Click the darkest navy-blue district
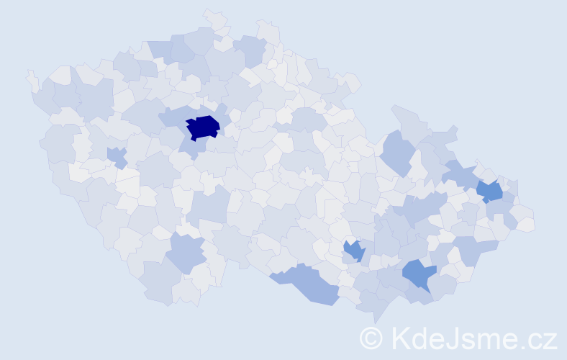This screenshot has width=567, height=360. pyautogui.click(x=203, y=127)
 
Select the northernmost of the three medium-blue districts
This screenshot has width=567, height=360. pyautogui.click(x=489, y=191)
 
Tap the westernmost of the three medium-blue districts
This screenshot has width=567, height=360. pyautogui.click(x=353, y=251)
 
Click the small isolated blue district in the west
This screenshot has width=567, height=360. pyautogui.click(x=116, y=156)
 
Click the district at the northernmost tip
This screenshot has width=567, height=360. pyautogui.click(x=214, y=17)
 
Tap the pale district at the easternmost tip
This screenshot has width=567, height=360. pyautogui.click(x=526, y=224)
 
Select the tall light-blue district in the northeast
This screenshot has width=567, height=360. pyautogui.click(x=396, y=153)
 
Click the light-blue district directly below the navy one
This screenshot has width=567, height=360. pyautogui.click(x=189, y=147)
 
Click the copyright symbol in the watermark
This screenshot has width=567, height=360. pyautogui.click(x=371, y=338)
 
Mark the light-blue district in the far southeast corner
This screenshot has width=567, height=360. pyautogui.click(x=476, y=248)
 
